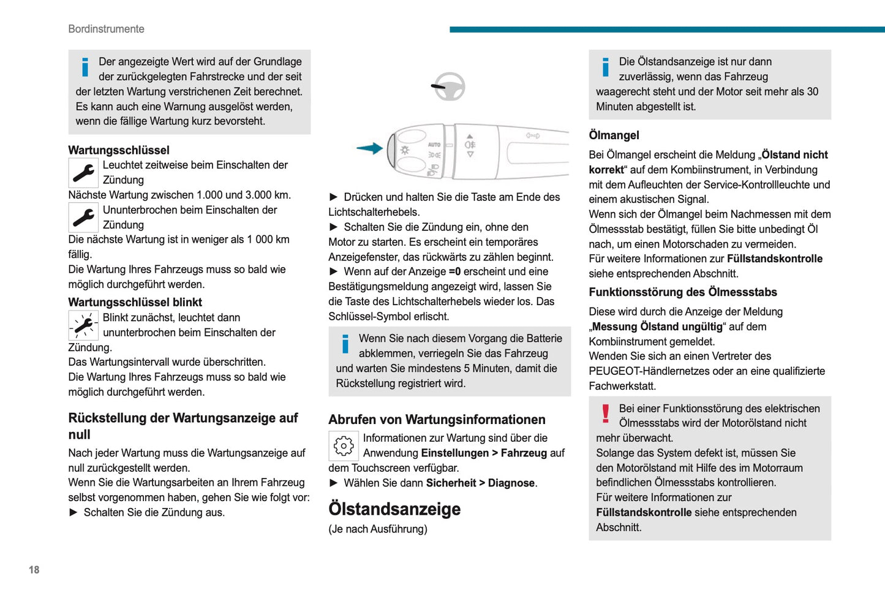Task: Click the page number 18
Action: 34,570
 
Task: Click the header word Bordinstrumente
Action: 106,29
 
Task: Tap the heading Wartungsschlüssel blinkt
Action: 135,302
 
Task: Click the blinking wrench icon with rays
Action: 83,325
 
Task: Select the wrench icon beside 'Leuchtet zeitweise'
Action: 83,173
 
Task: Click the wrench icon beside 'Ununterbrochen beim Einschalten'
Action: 83,217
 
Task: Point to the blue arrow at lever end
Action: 369,148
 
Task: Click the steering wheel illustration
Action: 448,87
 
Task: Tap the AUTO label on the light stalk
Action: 434,145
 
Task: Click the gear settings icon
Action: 344,445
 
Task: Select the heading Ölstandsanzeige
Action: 394,509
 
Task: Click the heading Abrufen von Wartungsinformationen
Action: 437,420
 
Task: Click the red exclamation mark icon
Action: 606,414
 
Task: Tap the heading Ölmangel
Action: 614,135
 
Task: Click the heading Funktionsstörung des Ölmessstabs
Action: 683,292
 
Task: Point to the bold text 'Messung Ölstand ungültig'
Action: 657,327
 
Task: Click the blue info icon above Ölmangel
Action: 606,67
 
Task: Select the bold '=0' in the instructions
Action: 454,271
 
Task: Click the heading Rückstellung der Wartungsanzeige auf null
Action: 183,426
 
